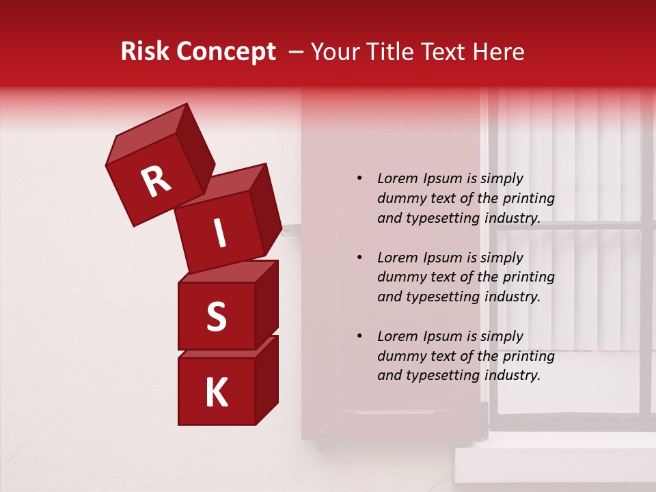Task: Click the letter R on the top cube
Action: (156, 182)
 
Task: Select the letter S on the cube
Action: (216, 317)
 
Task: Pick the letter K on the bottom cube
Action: (216, 393)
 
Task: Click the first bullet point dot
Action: (359, 179)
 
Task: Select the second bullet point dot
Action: (359, 258)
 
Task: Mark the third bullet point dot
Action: (359, 337)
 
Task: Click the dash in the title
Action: (297, 52)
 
